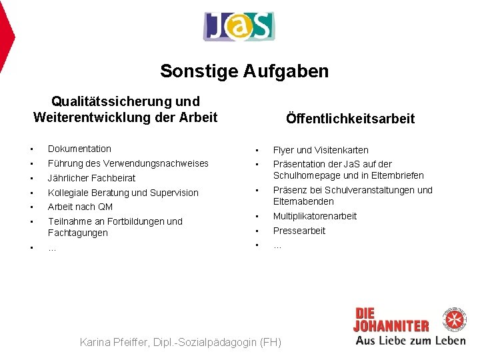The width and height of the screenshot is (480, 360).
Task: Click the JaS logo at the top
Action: pyautogui.click(x=239, y=27)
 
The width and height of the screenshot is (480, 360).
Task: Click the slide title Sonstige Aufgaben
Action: pyautogui.click(x=244, y=71)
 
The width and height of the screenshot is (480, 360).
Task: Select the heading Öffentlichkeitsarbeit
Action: pyautogui.click(x=350, y=119)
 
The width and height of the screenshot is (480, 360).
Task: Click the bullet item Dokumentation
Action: pyautogui.click(x=79, y=149)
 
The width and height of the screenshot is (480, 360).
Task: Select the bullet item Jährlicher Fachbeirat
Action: pyautogui.click(x=91, y=178)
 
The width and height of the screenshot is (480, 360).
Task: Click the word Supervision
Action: pyautogui.click(x=173, y=193)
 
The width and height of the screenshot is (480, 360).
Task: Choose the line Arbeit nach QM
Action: pyautogui.click(x=80, y=207)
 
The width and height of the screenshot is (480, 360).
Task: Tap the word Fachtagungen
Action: pyautogui.click(x=78, y=233)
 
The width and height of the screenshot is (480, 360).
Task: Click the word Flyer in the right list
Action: pyautogui.click(x=284, y=150)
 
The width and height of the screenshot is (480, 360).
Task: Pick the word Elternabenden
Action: pyautogui.click(x=303, y=201)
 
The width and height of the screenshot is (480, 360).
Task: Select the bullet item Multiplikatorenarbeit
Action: pyautogui.click(x=315, y=216)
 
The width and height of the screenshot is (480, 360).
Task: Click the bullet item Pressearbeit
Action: pyautogui.click(x=299, y=231)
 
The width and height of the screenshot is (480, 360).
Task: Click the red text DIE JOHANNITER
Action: pyautogui.click(x=391, y=320)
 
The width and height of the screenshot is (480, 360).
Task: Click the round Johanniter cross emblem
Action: pyautogui.click(x=456, y=318)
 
